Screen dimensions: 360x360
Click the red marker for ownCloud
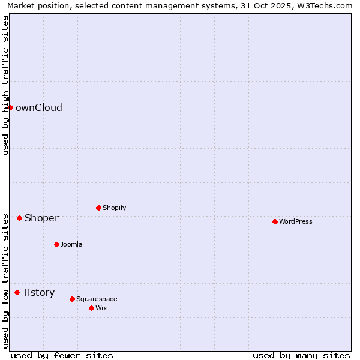click(x=10, y=107)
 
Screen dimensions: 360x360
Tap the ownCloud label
click(x=39, y=108)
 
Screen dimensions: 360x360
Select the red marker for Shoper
click(x=19, y=218)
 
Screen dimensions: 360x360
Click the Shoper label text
click(x=41, y=218)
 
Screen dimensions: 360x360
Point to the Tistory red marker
click(x=17, y=292)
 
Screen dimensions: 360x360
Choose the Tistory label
click(x=38, y=293)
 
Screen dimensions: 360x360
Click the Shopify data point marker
click(x=98, y=208)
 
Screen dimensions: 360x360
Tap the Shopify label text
click(x=114, y=208)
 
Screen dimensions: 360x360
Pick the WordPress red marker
click(x=275, y=221)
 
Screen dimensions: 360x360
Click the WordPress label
click(x=296, y=222)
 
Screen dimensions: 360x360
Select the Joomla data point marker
click(x=56, y=244)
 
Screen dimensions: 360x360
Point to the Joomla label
click(x=71, y=245)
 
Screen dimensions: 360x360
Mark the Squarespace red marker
click(x=72, y=299)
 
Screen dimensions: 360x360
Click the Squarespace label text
click(x=97, y=299)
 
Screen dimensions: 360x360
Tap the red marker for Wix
click(x=91, y=308)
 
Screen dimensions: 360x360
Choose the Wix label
click(x=101, y=308)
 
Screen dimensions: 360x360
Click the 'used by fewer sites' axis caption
click(x=62, y=355)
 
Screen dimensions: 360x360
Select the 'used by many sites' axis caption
click(x=301, y=355)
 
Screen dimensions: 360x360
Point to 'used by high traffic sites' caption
click(x=5, y=85)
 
